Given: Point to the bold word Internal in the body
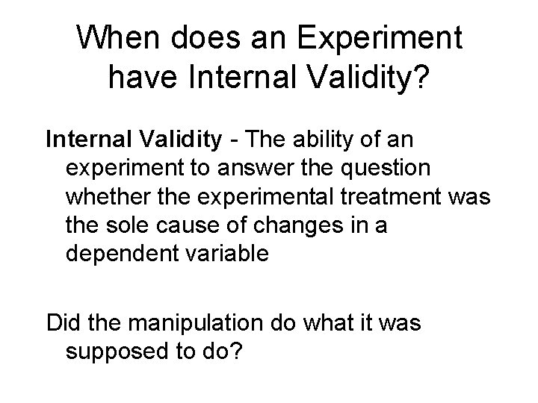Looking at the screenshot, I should pos(91,139).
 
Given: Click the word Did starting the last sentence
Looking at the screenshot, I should pos(63,325).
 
